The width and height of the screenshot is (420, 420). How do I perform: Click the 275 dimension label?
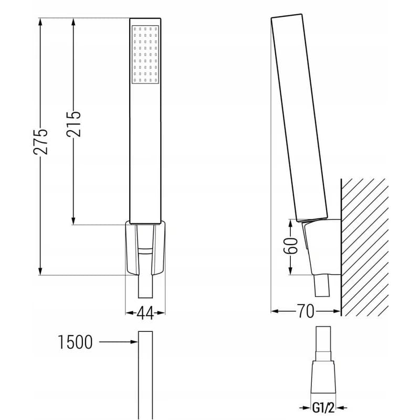(x=40, y=142)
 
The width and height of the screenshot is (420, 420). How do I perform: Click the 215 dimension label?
(x=73, y=124)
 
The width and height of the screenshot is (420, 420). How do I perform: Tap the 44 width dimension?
(x=145, y=313)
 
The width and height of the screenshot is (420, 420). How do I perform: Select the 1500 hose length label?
(x=75, y=342)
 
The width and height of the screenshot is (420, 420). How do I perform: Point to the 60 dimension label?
(x=291, y=245)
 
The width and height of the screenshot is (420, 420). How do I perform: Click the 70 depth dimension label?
(x=306, y=311)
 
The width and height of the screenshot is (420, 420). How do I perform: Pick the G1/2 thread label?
(x=323, y=408)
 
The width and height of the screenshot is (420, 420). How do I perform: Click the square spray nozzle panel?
(x=145, y=55)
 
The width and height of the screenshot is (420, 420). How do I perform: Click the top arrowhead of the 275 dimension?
(x=40, y=22)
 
